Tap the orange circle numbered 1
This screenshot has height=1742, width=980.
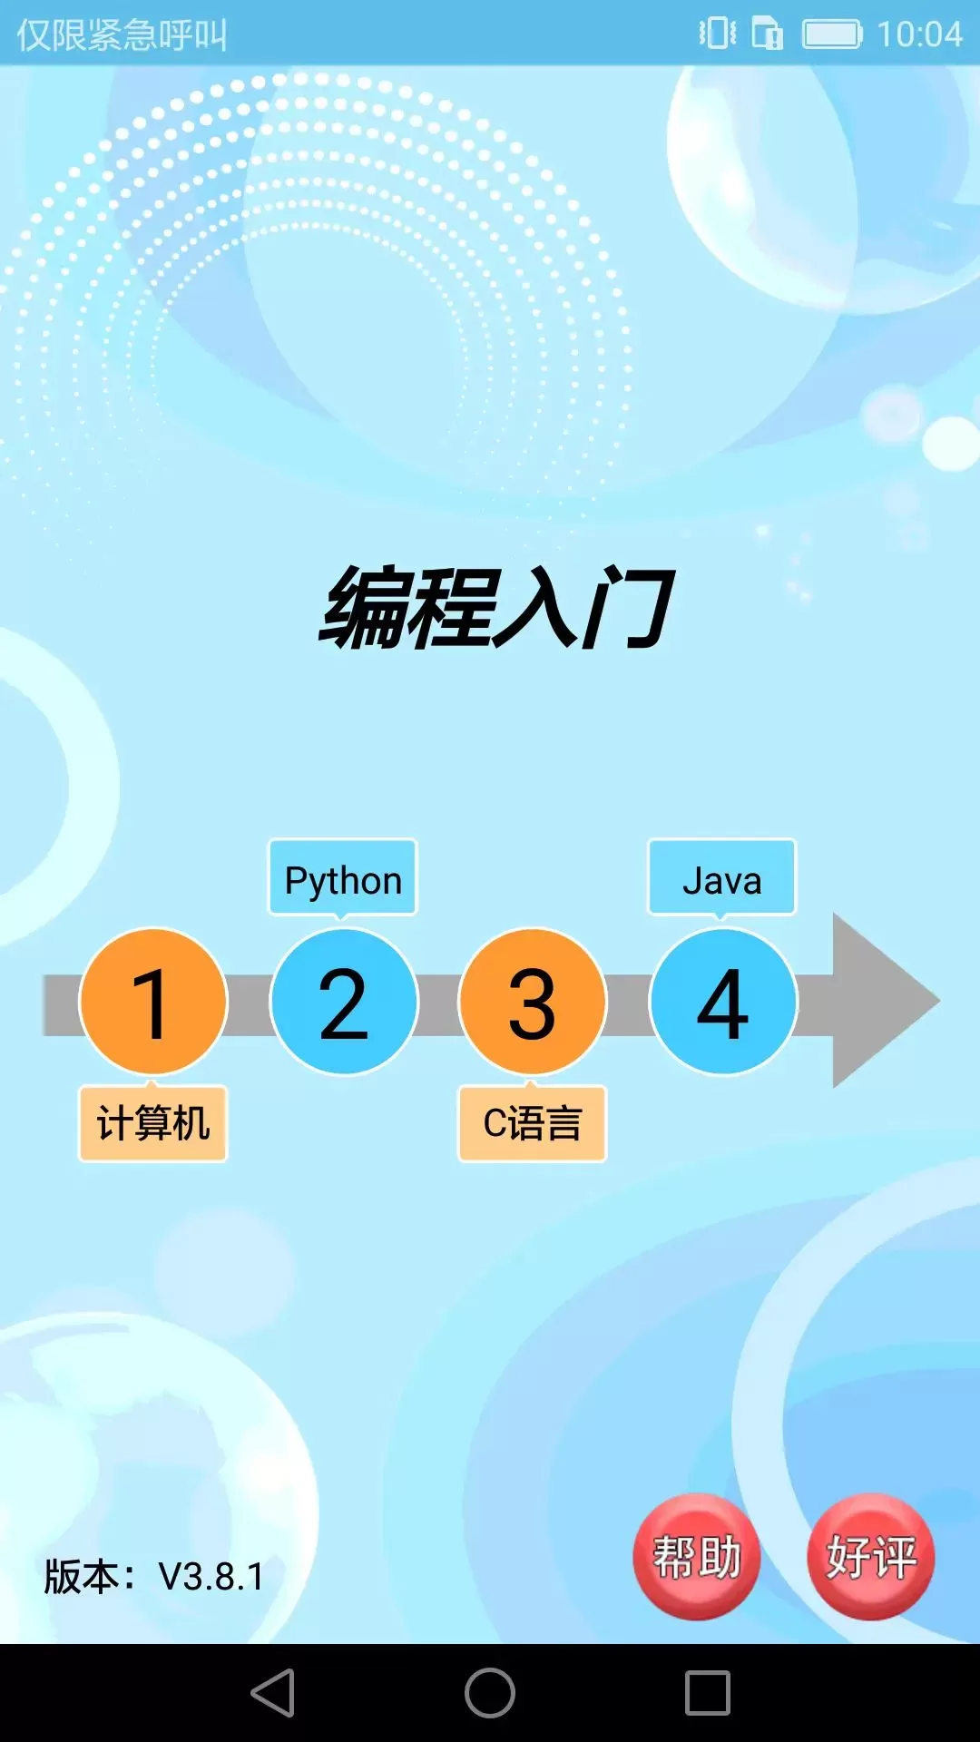152,1002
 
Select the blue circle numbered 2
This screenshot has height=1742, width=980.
343,1002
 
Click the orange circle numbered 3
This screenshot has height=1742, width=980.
533,1002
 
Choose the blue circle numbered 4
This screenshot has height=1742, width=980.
723,1002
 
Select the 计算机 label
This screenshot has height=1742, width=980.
152,1123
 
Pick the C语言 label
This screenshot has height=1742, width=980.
533,1123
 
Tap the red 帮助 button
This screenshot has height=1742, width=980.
697,1557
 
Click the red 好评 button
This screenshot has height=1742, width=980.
871,1557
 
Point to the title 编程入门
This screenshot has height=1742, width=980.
496,606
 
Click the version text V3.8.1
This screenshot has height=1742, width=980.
211,1577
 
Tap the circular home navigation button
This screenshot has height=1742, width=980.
490,1693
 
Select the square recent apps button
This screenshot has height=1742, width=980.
708,1693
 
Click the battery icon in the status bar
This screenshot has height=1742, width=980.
832,34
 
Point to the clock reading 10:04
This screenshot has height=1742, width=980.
919,34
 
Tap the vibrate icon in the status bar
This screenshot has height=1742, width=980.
718,34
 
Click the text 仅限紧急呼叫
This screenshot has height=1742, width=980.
122,34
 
